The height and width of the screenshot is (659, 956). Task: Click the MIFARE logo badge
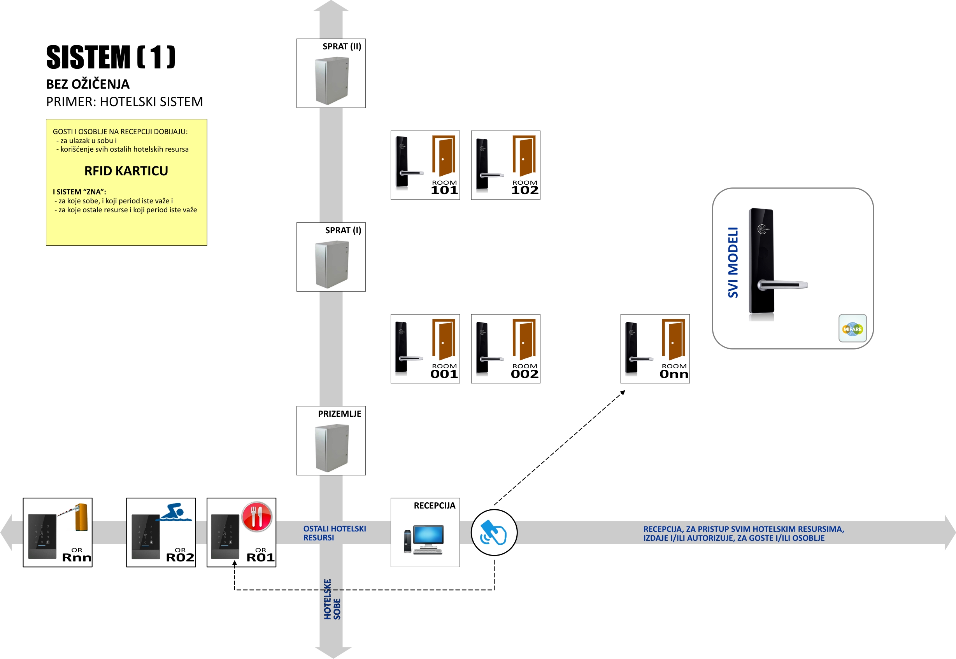[852, 329]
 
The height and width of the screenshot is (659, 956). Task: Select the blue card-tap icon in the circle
[494, 532]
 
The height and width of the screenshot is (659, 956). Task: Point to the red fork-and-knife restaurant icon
[257, 516]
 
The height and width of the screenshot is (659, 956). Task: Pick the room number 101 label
[444, 190]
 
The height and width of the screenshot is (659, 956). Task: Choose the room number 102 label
[524, 190]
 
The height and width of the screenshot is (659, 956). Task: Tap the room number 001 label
[444, 374]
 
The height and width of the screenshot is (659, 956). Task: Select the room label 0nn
[674, 374]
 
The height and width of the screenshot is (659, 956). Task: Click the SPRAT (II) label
[342, 46]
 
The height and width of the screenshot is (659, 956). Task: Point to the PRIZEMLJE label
[339, 414]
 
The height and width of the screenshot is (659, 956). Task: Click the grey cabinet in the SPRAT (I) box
[332, 264]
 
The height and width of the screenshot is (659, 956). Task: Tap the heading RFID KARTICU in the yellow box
[126, 171]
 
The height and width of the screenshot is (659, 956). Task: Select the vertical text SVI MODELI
[733, 262]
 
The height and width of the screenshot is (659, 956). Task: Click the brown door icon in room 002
[524, 339]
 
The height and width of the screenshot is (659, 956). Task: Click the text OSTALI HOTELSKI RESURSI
[334, 533]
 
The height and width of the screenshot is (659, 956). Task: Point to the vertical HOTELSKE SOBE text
[332, 600]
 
